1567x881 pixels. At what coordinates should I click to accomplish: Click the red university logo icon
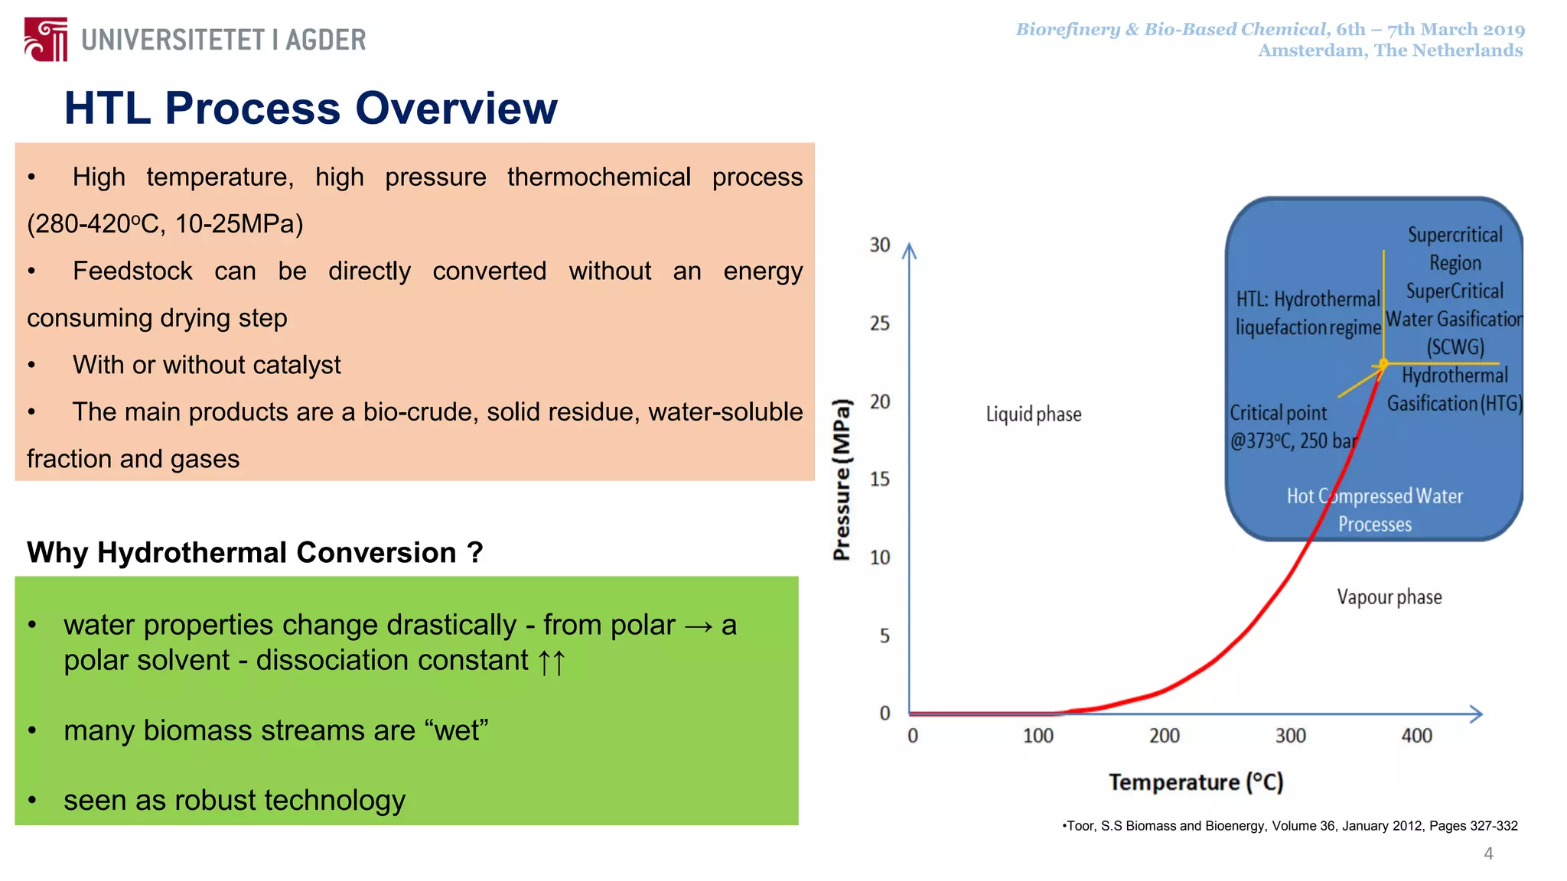(46, 39)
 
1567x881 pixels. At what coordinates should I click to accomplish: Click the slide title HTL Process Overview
(311, 108)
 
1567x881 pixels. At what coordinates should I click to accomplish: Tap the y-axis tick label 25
(880, 323)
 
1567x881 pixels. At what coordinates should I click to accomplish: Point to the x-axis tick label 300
(1290, 736)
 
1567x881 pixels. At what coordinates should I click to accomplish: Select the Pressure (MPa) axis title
(842, 480)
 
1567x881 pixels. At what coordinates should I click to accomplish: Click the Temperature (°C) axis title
(1196, 782)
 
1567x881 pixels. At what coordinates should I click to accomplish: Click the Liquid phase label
(1033, 414)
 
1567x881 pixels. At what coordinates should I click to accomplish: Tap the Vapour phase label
(1389, 597)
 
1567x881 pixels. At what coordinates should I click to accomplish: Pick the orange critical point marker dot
(1383, 363)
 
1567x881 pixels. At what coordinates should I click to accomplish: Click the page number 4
(1488, 853)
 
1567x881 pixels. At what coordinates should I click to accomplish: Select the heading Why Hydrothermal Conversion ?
(255, 552)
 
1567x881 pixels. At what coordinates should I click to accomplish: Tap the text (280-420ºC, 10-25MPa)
(165, 224)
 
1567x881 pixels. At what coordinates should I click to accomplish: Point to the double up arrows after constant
(551, 662)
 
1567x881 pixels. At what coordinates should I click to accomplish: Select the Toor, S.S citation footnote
(1290, 826)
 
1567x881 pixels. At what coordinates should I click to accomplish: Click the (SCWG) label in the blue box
(1455, 347)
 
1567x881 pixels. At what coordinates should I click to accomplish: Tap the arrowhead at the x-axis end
(1477, 714)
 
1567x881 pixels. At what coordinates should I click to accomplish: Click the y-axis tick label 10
(880, 558)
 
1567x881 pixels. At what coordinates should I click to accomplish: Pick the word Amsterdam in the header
(1311, 50)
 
